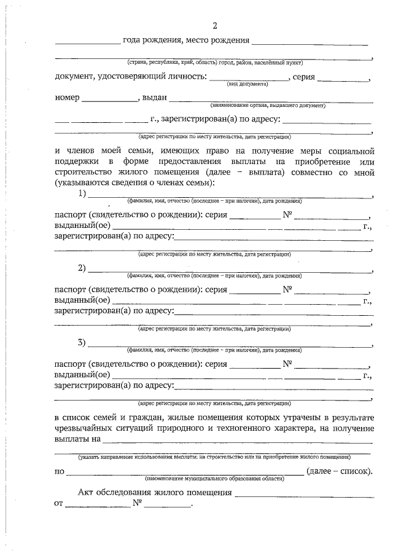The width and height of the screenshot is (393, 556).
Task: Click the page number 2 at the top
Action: [214, 25]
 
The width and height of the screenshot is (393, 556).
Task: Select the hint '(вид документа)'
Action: [247, 83]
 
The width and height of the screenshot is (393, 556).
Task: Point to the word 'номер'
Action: [67, 97]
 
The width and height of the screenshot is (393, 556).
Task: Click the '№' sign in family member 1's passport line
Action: [286, 216]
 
